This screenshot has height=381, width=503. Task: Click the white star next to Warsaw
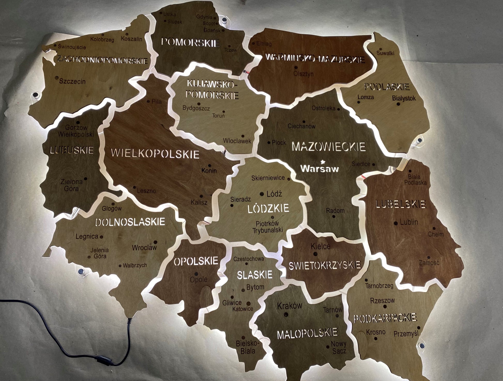tap(323, 162)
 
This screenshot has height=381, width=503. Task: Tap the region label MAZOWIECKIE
tap(329, 147)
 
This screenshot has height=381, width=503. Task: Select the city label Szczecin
tap(72, 82)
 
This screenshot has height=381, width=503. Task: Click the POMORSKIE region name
tap(190, 42)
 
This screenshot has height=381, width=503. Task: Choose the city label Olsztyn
tap(303, 74)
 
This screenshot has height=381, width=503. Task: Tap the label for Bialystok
tap(404, 98)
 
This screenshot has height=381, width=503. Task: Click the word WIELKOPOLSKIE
tap(155, 154)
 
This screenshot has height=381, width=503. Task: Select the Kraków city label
tap(289, 306)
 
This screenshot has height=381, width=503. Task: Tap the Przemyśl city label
tap(406, 334)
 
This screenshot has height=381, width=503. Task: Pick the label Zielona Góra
tap(71, 185)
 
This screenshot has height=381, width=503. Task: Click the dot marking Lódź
tap(262, 194)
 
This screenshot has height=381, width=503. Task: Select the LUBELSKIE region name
tap(400, 204)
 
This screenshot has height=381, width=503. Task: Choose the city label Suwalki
tap(385, 53)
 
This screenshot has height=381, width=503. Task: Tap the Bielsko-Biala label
tap(246, 347)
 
